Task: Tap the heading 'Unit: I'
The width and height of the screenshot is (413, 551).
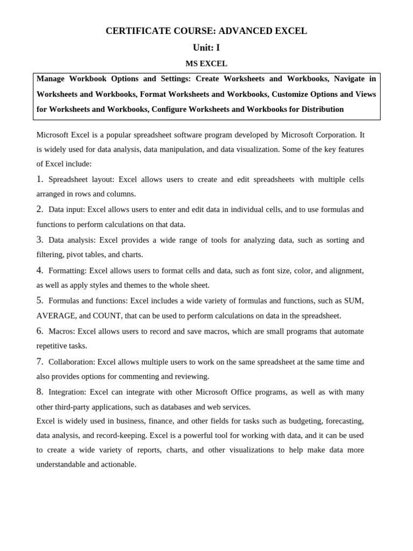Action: (206, 47)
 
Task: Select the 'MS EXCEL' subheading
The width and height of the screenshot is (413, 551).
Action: (206, 63)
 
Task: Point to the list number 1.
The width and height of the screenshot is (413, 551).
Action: (40, 179)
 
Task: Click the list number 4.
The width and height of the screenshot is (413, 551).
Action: (40, 270)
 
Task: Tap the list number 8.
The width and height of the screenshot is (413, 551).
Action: (40, 392)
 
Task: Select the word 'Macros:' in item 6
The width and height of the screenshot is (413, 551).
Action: (62, 331)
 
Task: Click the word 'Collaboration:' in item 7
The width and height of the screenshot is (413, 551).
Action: (72, 362)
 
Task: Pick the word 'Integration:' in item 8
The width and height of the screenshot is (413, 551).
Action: (68, 392)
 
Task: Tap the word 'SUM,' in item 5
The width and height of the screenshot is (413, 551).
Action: (353, 301)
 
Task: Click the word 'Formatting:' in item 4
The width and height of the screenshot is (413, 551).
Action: (67, 271)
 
